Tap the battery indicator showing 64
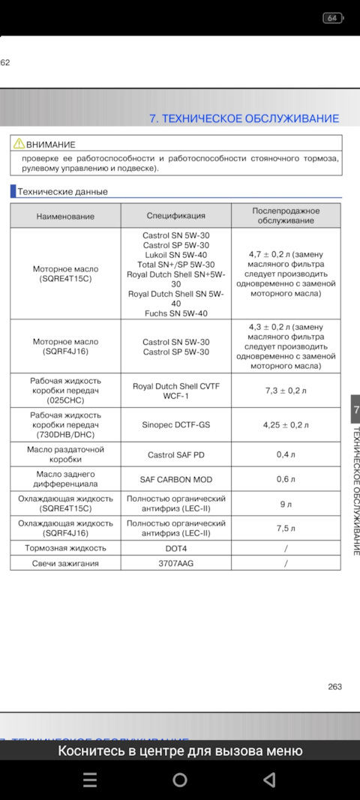(x=332, y=17)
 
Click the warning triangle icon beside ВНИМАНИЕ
(x=19, y=144)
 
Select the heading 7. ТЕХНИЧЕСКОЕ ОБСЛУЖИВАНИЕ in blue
(x=244, y=118)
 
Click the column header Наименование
(x=65, y=216)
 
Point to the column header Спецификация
(x=175, y=216)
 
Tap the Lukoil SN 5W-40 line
(x=175, y=255)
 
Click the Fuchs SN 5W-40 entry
(x=175, y=313)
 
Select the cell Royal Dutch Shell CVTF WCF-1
(x=175, y=391)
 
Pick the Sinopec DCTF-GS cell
(x=175, y=424)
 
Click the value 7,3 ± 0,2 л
(x=286, y=391)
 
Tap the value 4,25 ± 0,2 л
(x=286, y=424)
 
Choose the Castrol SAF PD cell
(x=175, y=454)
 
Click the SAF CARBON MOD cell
(x=175, y=479)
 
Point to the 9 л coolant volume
(x=286, y=504)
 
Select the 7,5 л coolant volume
(x=286, y=528)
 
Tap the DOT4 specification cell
(x=175, y=548)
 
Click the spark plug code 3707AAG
(x=175, y=563)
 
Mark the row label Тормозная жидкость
(x=65, y=548)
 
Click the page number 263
(x=334, y=686)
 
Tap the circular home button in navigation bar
(x=180, y=781)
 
